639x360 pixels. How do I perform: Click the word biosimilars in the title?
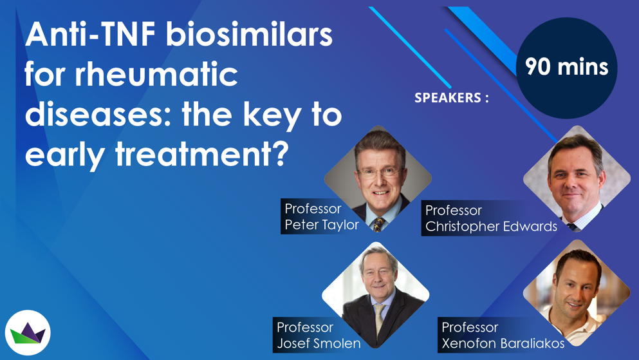[x=250, y=34]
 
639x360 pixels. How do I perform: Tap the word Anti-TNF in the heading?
[x=91, y=34]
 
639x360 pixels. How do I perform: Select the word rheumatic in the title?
[x=156, y=74]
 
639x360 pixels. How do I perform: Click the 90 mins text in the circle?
[x=566, y=66]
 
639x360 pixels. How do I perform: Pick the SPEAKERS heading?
[x=452, y=98]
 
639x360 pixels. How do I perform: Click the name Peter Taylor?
[x=322, y=225]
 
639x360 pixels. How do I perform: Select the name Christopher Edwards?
[x=491, y=226]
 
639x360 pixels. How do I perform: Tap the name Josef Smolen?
[x=319, y=343]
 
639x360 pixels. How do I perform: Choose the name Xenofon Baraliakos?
[x=503, y=343]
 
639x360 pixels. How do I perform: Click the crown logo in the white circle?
[x=28, y=333]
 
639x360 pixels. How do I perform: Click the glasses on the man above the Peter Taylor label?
[x=380, y=173]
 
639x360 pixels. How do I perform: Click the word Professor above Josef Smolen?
[x=305, y=327]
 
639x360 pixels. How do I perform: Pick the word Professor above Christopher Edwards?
[x=454, y=211]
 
